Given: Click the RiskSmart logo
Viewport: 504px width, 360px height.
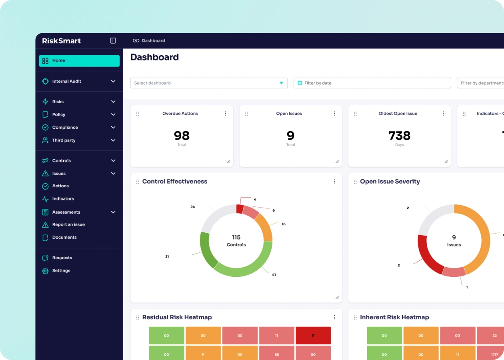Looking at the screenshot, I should (62, 41).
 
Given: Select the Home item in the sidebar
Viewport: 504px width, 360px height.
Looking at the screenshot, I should (79, 61).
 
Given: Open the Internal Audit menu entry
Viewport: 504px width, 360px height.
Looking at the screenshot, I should (67, 81).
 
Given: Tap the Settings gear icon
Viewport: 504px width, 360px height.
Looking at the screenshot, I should (45, 271).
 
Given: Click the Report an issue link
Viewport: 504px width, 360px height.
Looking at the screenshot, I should (68, 225).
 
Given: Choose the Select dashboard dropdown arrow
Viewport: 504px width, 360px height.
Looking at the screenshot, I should (281, 83).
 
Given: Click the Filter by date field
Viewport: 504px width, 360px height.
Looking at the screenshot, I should (372, 83).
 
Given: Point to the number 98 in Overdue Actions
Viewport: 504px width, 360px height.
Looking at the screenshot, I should (182, 136).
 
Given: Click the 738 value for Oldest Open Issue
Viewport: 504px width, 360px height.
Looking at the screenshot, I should (399, 136).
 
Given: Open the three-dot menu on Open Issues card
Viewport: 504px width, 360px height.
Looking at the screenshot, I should (334, 114).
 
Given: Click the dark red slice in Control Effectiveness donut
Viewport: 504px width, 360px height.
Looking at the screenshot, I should (240, 209).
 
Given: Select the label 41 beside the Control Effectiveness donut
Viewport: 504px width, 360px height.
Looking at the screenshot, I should (274, 275).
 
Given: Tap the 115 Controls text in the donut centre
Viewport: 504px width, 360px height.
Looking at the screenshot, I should (236, 241).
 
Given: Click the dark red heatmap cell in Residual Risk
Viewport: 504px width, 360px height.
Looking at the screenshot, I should (313, 336).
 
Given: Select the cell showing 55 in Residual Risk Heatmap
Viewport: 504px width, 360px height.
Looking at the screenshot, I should (276, 354).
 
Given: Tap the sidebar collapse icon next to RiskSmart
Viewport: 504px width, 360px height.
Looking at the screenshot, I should (113, 41).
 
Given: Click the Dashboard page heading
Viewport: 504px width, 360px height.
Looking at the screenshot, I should (154, 57).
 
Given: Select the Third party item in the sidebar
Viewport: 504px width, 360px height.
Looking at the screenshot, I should (64, 140).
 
